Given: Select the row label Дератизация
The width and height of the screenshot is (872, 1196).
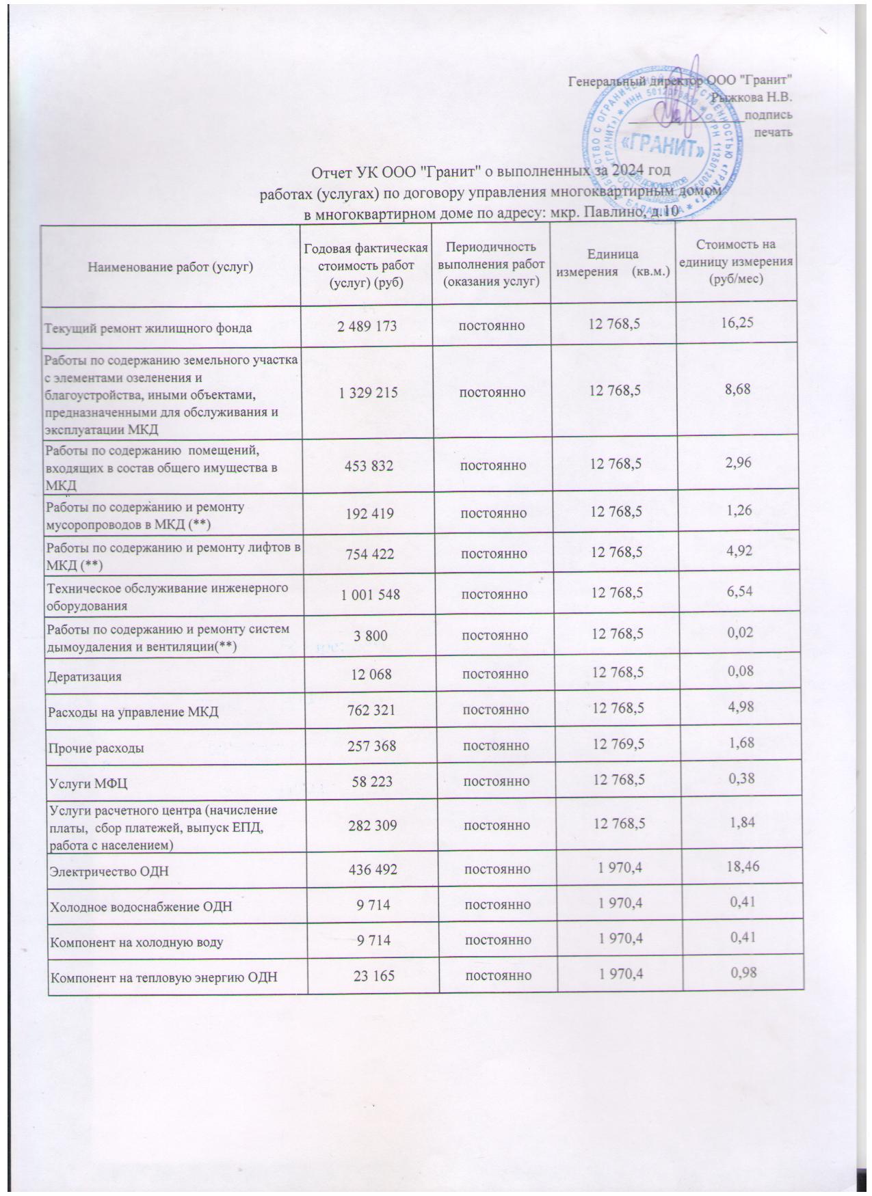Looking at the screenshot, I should [x=83, y=677].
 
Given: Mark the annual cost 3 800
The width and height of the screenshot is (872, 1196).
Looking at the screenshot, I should [x=370, y=636].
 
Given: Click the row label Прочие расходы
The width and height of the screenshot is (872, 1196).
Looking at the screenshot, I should [x=94, y=748].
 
